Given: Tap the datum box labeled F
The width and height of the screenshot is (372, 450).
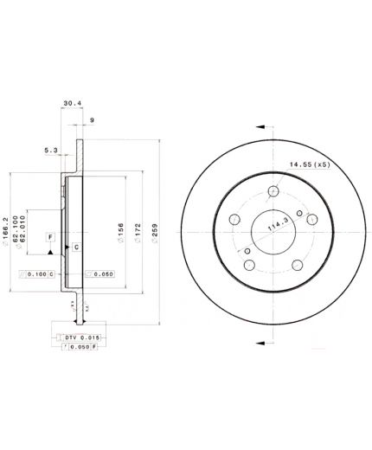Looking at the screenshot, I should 49,236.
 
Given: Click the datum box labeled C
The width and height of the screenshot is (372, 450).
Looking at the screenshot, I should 76,247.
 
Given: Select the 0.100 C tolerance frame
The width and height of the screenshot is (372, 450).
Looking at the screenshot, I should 37,273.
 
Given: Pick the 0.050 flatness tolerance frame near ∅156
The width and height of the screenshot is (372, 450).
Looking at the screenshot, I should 99,273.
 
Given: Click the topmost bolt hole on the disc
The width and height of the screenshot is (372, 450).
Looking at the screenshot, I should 273,192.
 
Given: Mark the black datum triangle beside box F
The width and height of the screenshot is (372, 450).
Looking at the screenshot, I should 53,250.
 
